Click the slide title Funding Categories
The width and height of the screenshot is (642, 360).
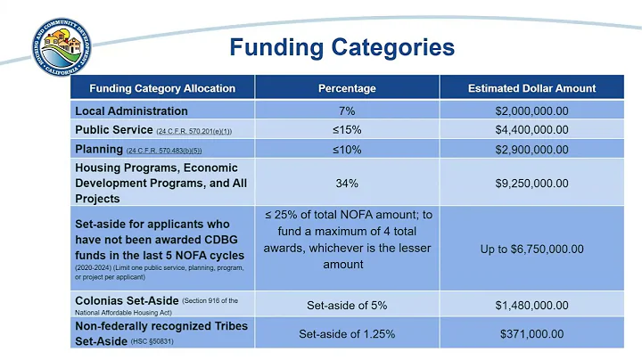[342, 46]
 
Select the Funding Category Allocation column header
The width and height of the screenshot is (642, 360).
[162, 88]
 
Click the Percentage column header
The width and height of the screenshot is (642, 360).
[347, 88]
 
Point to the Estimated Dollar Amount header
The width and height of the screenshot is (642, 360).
[531, 88]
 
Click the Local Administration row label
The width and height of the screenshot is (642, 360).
[131, 111]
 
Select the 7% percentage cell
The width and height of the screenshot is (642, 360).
[347, 111]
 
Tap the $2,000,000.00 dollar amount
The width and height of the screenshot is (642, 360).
[531, 111]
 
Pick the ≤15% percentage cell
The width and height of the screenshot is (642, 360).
[347, 130]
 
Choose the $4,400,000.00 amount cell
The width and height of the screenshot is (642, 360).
[531, 130]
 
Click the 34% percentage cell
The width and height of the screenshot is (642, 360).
[347, 183]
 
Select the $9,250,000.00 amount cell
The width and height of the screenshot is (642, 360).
[531, 183]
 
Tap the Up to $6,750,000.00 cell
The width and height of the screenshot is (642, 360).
[531, 249]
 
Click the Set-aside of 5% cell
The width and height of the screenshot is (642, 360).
[347, 305]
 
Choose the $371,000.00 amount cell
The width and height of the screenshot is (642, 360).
[531, 333]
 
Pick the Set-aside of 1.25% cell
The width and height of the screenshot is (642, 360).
[347, 333]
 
